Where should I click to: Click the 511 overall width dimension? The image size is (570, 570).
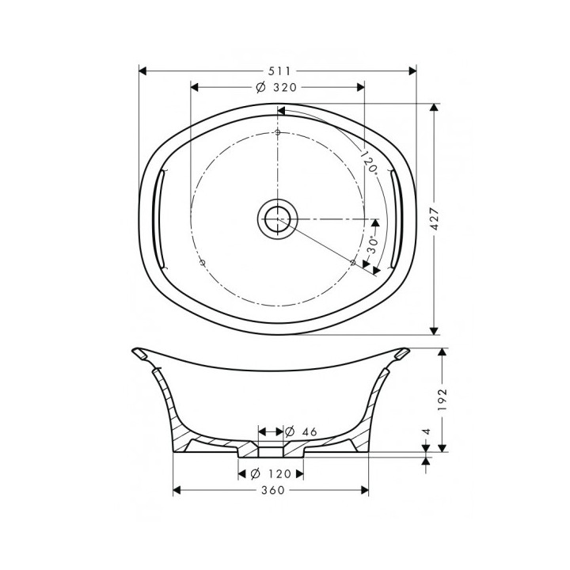point(278,70)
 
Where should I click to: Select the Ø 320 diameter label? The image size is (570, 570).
point(272,87)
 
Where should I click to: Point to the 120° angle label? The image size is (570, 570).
point(369,163)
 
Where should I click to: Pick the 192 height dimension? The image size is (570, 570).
point(443,398)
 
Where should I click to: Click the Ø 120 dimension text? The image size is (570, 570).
point(271,473)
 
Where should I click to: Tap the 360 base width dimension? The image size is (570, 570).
point(272,491)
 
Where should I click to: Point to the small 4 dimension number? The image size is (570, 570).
point(427,432)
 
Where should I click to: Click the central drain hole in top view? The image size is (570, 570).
point(277,218)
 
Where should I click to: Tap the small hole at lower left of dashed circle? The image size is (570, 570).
point(203,261)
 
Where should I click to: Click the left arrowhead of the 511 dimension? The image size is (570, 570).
point(143,70)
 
